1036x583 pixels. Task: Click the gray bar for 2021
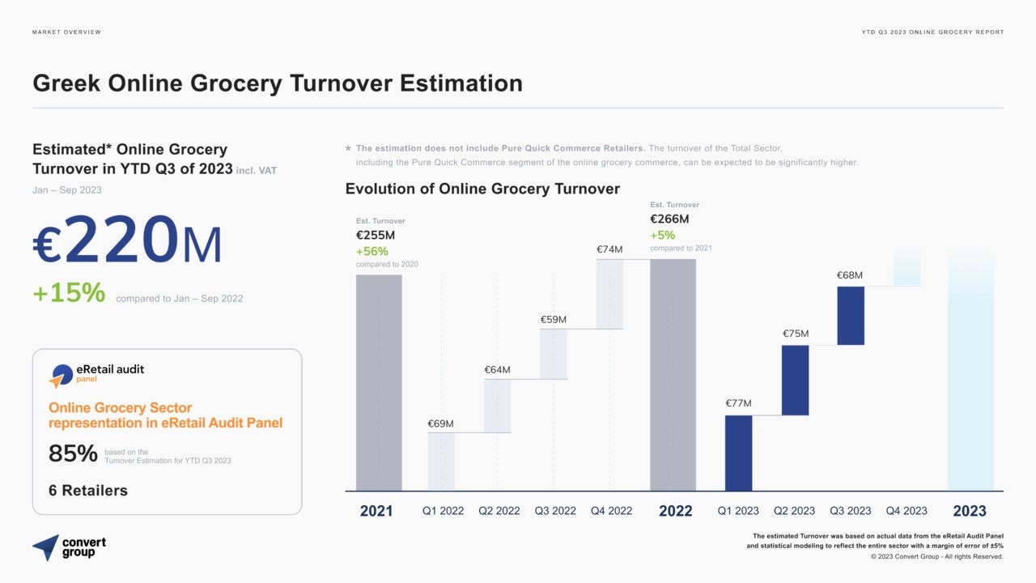coord(379,382)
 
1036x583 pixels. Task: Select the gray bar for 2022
coord(673,374)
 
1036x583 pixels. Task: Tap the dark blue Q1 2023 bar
coord(738,453)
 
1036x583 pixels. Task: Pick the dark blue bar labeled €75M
coord(795,380)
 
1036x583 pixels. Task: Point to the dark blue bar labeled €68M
coord(851,315)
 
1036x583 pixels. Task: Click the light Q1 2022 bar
coord(441,461)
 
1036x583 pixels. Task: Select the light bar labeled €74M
coord(609,293)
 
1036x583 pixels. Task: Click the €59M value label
coord(554,320)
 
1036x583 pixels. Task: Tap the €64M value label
coord(497,370)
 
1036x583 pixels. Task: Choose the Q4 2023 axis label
coord(906,511)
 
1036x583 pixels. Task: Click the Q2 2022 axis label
coord(499,511)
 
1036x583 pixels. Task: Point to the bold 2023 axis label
coord(969,511)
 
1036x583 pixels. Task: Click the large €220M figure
coord(127,240)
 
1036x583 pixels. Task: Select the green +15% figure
coord(69,293)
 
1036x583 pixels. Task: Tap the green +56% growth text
coord(372,251)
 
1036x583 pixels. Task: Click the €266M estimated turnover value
coord(669,219)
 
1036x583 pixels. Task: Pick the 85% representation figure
coord(73,454)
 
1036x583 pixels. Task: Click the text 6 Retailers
coord(88,491)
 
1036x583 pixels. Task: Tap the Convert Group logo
coord(69,547)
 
